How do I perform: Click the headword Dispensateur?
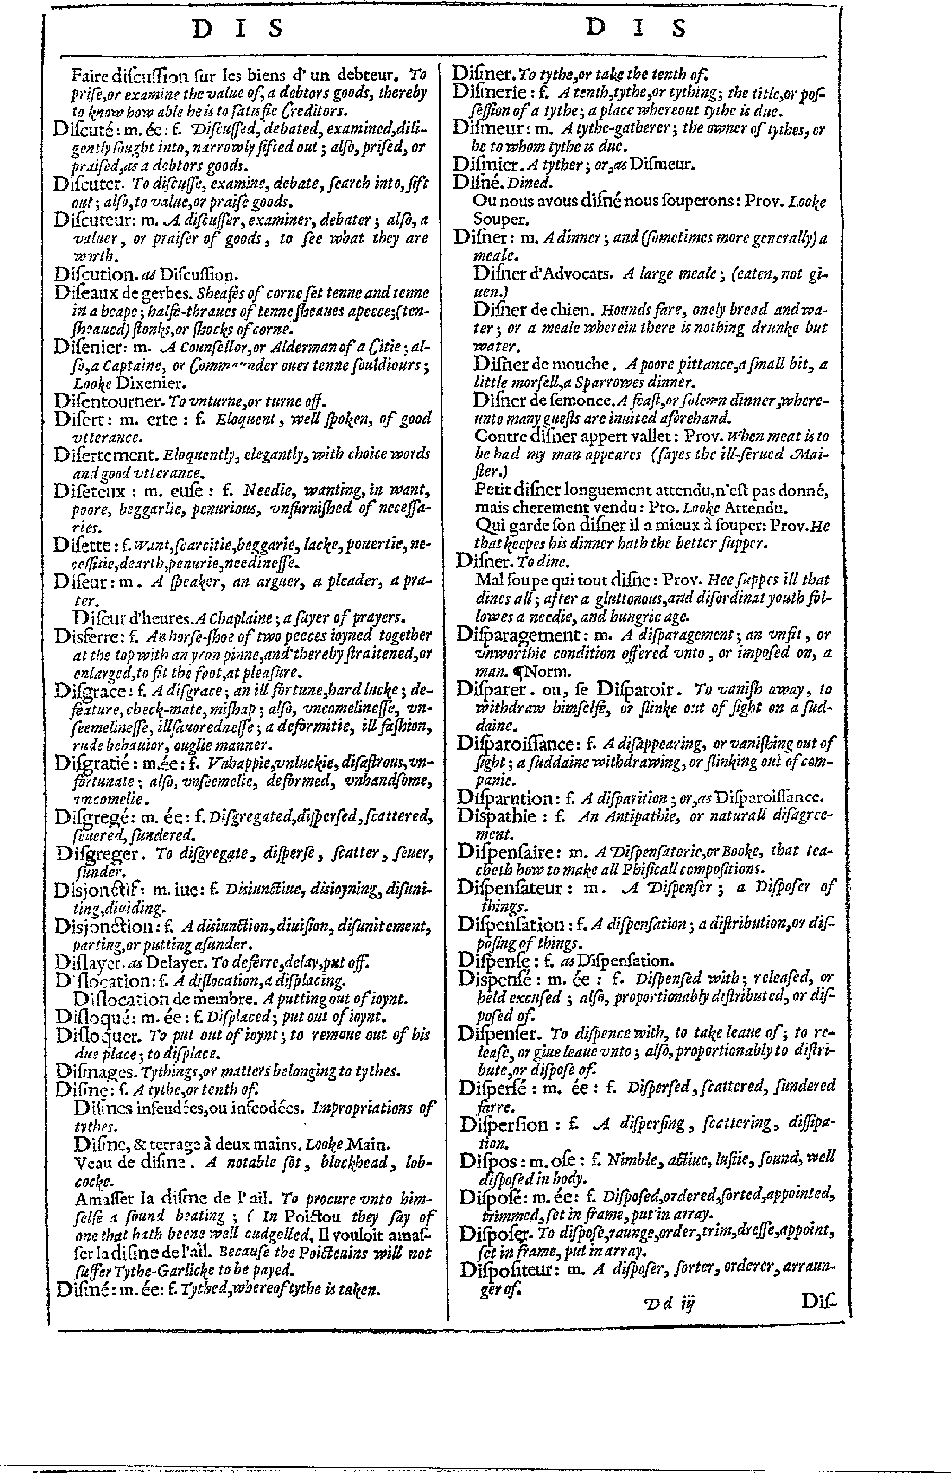pyautogui.click(x=510, y=888)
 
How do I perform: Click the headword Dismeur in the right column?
pyautogui.click(x=486, y=130)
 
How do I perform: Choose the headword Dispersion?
pyautogui.click(x=504, y=1124)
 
